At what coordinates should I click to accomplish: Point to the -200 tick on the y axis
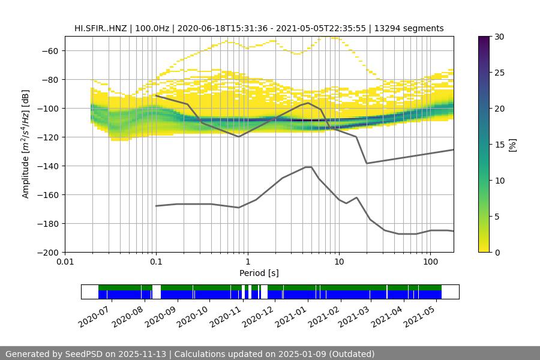click(x=49, y=252)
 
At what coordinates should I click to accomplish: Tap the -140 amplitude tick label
click(x=49, y=166)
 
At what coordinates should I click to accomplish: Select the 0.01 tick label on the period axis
click(x=65, y=262)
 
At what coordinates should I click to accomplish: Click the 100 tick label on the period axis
click(x=430, y=262)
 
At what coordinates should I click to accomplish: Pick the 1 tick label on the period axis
click(x=247, y=262)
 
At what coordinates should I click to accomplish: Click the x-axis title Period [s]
click(x=259, y=273)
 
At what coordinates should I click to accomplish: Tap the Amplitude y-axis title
click(x=26, y=144)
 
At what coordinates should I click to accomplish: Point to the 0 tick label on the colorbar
click(x=493, y=252)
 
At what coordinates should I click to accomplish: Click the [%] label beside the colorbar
click(x=512, y=145)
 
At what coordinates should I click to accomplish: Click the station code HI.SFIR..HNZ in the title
click(x=99, y=28)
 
